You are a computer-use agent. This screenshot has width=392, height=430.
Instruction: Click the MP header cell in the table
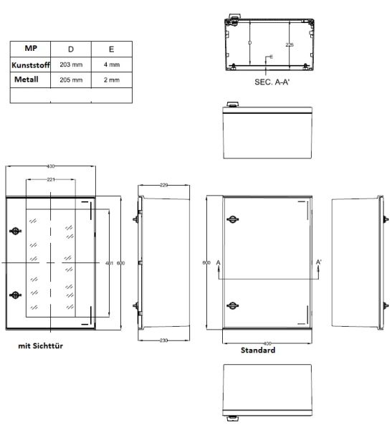pos(29,49)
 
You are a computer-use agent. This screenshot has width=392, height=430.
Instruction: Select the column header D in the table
pos(71,49)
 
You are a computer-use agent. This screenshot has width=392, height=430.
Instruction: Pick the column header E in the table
pos(110,49)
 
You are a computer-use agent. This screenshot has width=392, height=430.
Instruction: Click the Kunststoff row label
pos(29,65)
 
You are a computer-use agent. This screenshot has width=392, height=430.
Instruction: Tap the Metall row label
pos(29,80)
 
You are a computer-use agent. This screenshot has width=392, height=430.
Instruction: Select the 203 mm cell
pos(71,65)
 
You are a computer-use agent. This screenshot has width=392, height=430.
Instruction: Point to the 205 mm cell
pos(71,80)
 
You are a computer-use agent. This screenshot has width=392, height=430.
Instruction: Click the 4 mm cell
pos(110,65)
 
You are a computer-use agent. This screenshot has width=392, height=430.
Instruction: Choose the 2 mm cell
pos(110,80)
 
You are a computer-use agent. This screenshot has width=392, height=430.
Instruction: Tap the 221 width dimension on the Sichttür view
pos(52,179)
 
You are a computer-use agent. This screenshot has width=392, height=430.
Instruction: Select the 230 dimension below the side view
pos(163,340)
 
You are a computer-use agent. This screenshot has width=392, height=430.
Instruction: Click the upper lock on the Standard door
pos(232,219)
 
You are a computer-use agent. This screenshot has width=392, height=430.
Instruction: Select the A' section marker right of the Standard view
pos(318,263)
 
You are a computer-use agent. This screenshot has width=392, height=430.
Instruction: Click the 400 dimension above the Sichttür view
pos(50,166)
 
